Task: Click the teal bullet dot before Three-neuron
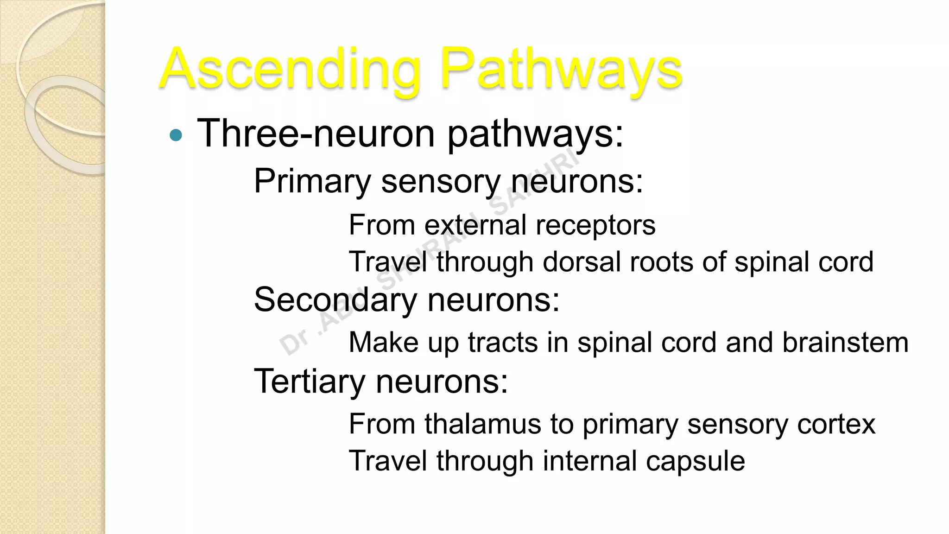[x=176, y=135]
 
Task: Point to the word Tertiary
[x=310, y=382]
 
